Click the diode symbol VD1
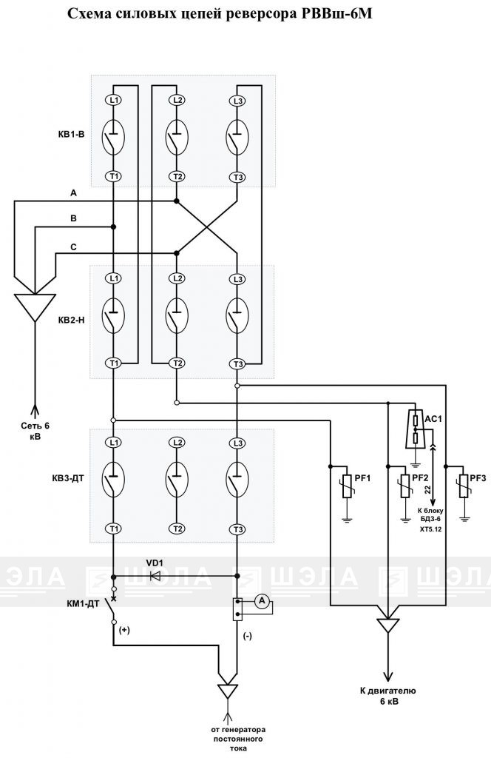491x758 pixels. pyautogui.click(x=155, y=576)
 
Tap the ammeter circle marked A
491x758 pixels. pyautogui.click(x=263, y=601)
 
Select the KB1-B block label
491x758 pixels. pyautogui.click(x=71, y=135)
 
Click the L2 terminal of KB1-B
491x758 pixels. pyautogui.click(x=177, y=100)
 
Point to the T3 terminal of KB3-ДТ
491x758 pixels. pyautogui.click(x=237, y=530)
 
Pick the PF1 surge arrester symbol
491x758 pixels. pyautogui.click(x=347, y=486)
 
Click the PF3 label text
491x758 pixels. pyautogui.click(x=478, y=478)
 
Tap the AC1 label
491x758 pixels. pyautogui.click(x=433, y=419)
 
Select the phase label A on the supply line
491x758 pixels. pyautogui.click(x=73, y=193)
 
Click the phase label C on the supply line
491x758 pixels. pyautogui.click(x=73, y=247)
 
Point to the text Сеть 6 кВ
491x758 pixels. pyautogui.click(x=35, y=431)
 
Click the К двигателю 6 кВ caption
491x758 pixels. pyautogui.click(x=387, y=696)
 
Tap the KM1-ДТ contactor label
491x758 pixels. pyautogui.click(x=83, y=603)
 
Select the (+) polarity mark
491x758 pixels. pyautogui.click(x=124, y=631)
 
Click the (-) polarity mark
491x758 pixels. pyautogui.click(x=247, y=636)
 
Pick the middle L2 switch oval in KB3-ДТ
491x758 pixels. pyautogui.click(x=177, y=479)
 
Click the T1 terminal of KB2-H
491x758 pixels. pyautogui.click(x=114, y=363)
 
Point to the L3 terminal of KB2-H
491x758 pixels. pyautogui.click(x=237, y=279)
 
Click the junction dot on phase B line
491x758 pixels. pyautogui.click(x=113, y=227)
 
